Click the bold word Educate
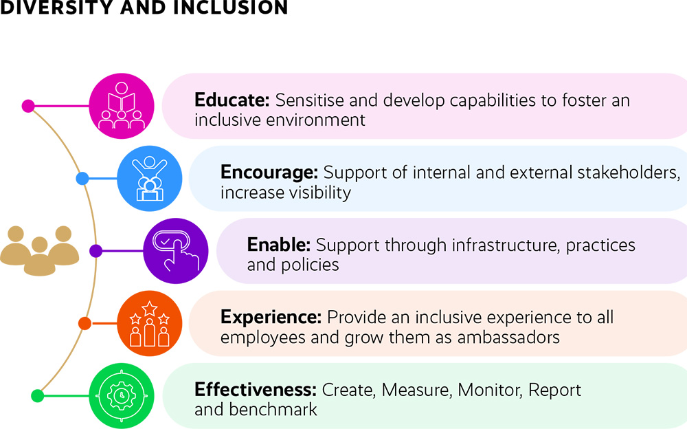tap(232, 100)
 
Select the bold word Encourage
tap(269, 173)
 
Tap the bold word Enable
tap(279, 245)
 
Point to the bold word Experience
tap(271, 317)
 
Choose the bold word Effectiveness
tap(256, 390)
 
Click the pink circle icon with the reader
tap(122, 106)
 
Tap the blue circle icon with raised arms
tap(149, 179)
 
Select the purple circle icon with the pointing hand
tap(176, 251)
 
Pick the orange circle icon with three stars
tap(149, 323)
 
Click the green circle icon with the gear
tap(122, 396)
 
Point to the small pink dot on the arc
tap(28, 106)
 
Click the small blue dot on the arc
tap(82, 179)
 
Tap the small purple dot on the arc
tap(96, 251)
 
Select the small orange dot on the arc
tap(85, 324)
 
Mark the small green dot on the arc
tap(37, 396)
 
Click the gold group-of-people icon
tap(39, 250)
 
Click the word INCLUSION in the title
tap(231, 7)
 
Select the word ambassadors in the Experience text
tap(508, 338)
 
